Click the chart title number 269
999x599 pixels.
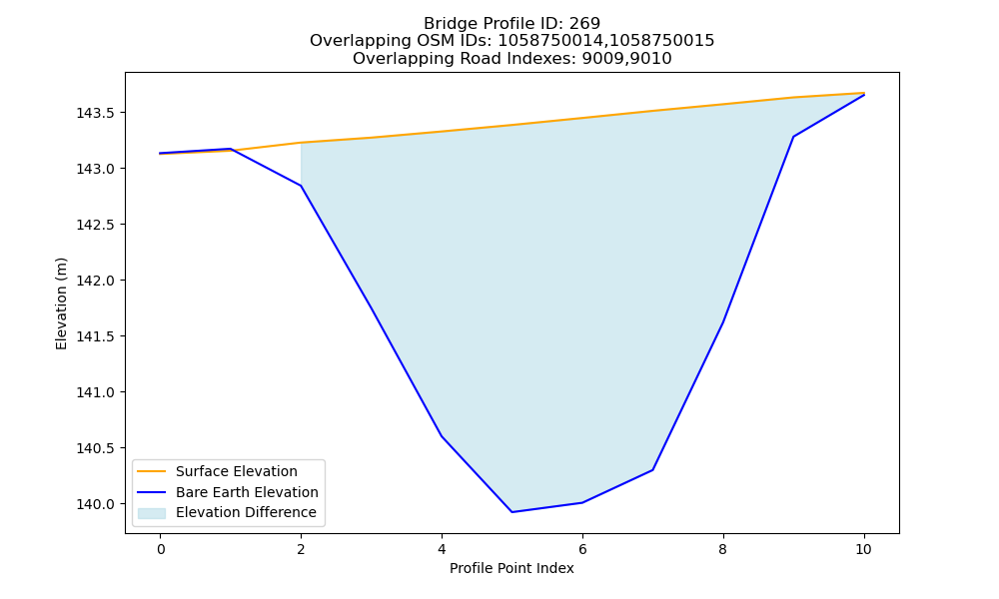(584, 24)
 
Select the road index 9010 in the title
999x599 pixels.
(650, 59)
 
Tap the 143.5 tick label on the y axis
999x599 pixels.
(95, 113)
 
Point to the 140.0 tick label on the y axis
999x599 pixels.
(95, 504)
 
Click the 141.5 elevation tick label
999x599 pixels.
(95, 336)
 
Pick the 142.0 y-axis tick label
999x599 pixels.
(95, 281)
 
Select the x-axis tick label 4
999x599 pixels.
(442, 549)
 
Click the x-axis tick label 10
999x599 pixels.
(863, 549)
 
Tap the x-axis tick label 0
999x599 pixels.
(161, 549)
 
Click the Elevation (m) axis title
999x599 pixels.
(61, 303)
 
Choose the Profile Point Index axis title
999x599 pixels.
(511, 568)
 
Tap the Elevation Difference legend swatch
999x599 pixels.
(152, 513)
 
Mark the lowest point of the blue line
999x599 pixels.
(511, 512)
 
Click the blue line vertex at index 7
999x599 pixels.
(653, 470)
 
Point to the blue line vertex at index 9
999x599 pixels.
(793, 136)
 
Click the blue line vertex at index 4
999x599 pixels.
(442, 436)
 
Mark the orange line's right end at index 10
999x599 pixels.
(864, 93)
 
